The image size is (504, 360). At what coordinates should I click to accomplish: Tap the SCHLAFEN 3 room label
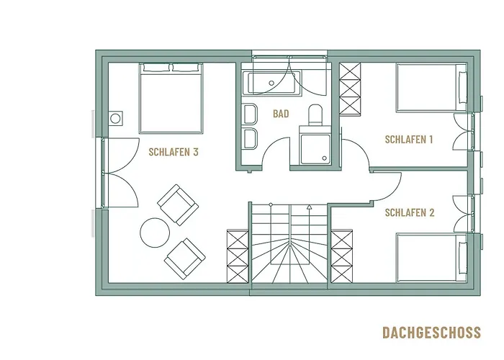(173, 152)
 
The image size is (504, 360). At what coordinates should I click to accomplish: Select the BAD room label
(281, 114)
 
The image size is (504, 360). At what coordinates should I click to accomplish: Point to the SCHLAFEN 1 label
(408, 140)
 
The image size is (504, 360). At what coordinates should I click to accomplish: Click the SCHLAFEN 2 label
(408, 212)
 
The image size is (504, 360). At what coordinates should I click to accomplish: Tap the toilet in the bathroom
(315, 114)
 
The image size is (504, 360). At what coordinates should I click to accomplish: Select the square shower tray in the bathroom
(315, 146)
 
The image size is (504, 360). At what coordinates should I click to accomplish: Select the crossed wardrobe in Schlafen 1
(350, 91)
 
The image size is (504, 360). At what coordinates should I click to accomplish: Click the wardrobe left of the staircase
(237, 258)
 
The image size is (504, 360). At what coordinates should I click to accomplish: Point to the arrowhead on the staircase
(308, 207)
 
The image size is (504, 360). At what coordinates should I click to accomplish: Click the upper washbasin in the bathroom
(251, 115)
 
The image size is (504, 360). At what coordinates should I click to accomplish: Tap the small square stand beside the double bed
(115, 119)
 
